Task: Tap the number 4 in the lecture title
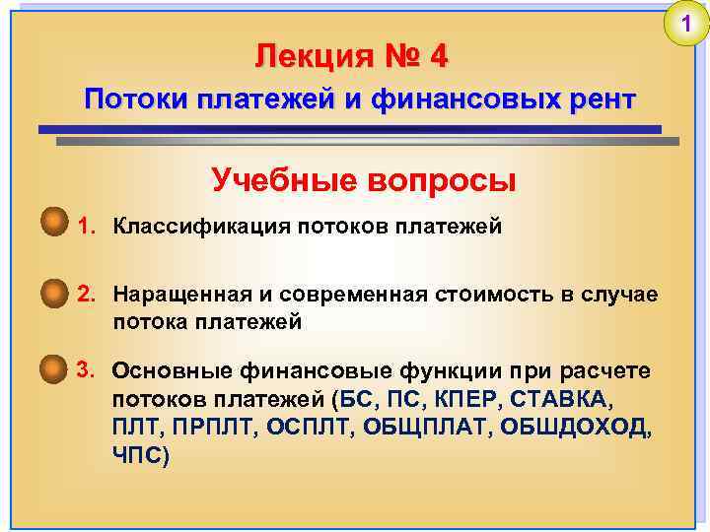coord(439,57)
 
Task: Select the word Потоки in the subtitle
coord(135,100)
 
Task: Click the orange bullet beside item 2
coord(52,293)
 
